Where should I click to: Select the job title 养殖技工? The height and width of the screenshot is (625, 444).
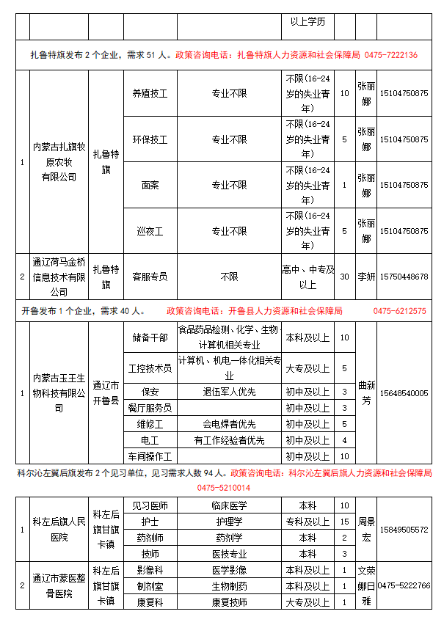(150, 94)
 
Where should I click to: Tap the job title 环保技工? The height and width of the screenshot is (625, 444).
(150, 139)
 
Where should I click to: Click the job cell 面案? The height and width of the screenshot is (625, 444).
(150, 185)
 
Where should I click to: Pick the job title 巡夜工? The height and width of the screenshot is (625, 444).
(150, 231)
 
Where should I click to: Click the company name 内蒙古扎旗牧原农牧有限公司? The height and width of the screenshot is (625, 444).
(59, 162)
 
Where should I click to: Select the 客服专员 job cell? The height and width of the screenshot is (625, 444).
(150, 277)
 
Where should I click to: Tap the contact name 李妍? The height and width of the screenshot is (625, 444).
(366, 277)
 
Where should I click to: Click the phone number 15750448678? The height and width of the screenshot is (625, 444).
(404, 277)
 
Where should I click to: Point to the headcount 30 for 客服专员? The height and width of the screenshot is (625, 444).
(345, 277)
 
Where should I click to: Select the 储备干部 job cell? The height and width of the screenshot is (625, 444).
(150, 337)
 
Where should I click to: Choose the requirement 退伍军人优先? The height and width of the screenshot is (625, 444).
(229, 392)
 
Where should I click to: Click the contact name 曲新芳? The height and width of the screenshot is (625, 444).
(366, 392)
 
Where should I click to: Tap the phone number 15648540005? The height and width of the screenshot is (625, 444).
(404, 393)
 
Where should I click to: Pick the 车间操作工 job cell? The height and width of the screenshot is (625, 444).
(150, 456)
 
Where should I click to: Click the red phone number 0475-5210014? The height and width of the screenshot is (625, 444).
(223, 487)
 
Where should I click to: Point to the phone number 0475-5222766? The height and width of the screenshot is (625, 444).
(404, 585)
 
